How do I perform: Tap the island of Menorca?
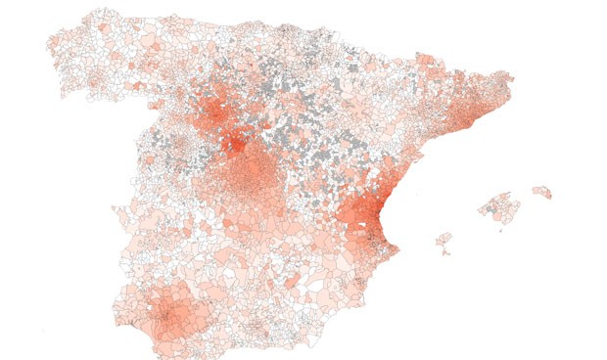pos(541,192)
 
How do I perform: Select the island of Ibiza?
pos(443,240)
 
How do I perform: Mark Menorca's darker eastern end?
pos(548,194)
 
